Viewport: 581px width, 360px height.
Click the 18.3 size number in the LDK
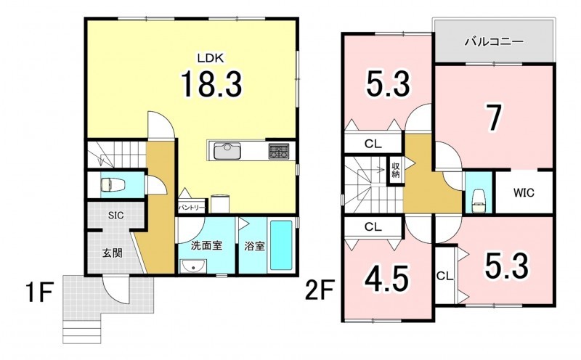211,84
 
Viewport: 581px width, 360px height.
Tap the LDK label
211,58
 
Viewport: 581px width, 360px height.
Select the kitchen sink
227,151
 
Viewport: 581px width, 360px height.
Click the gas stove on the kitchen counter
279,151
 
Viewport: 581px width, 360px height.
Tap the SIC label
116,215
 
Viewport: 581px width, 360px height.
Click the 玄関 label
113,254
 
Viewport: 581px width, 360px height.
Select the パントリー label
192,208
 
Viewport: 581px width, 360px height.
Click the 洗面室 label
206,245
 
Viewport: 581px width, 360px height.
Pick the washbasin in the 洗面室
192,266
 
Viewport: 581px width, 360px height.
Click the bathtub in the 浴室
281,245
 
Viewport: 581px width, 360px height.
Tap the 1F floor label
40,292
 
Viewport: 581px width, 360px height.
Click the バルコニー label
495,41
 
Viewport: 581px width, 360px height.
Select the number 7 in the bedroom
495,118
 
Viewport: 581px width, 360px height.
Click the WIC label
524,192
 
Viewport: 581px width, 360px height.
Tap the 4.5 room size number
387,279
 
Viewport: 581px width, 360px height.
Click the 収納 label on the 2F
396,170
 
